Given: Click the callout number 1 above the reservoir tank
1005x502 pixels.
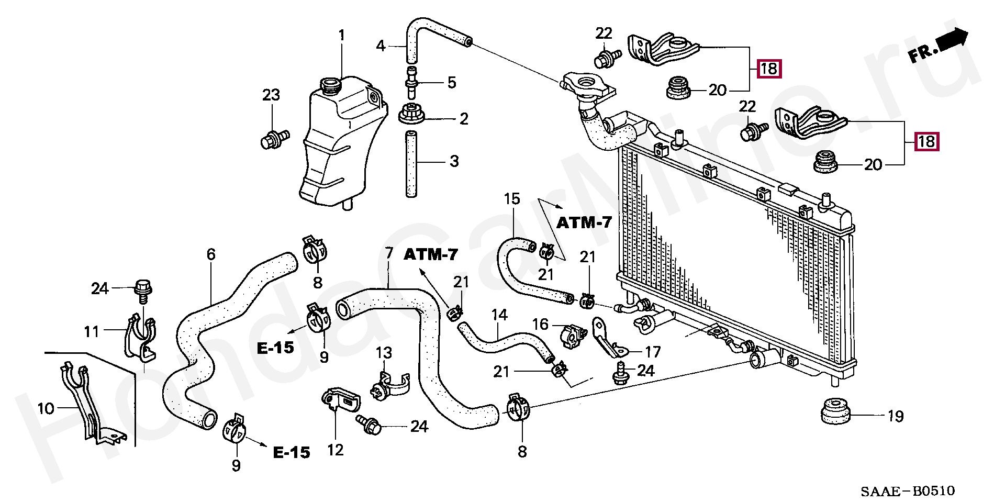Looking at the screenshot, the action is [x=342, y=36].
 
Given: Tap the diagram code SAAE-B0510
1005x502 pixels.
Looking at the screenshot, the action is [x=908, y=491].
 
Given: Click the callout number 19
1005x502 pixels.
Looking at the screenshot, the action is [x=896, y=416].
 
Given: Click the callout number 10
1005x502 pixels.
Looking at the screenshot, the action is [x=46, y=408].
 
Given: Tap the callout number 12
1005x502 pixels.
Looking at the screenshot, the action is [x=336, y=450].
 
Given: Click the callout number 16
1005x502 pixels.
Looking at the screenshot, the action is [x=540, y=324].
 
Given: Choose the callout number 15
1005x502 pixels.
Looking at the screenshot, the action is [x=512, y=199].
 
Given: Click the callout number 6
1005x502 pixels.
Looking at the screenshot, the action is [x=211, y=254].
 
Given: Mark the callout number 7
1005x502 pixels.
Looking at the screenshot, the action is [x=389, y=253].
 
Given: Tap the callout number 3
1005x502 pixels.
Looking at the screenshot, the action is [x=454, y=161].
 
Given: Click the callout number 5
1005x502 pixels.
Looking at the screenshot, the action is [x=452, y=82].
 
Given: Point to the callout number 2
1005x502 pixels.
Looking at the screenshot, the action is [x=464, y=119].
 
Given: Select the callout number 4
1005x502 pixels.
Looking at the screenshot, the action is [x=381, y=46].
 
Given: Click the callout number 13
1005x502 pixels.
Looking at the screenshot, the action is [x=384, y=353].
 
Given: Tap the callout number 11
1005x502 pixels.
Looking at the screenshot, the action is [x=92, y=332].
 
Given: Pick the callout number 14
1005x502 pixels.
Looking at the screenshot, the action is [x=499, y=315].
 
